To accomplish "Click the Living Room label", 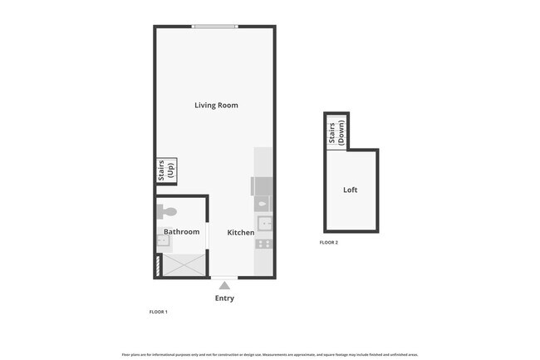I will [x=216, y=106].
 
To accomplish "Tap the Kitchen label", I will [x=241, y=233].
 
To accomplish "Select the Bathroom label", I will [x=181, y=232].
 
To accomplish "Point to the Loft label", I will [x=351, y=190].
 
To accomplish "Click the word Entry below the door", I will [x=224, y=298].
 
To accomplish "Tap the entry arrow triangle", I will [x=224, y=285].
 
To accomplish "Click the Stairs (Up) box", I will [x=167, y=170].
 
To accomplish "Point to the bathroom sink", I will [x=162, y=241].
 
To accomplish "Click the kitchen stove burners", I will [x=263, y=244].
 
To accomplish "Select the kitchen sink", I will [x=263, y=223].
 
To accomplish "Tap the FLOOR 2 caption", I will [x=329, y=243].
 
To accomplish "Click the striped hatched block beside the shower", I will [x=158, y=266].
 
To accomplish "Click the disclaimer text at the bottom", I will [x=270, y=353].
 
